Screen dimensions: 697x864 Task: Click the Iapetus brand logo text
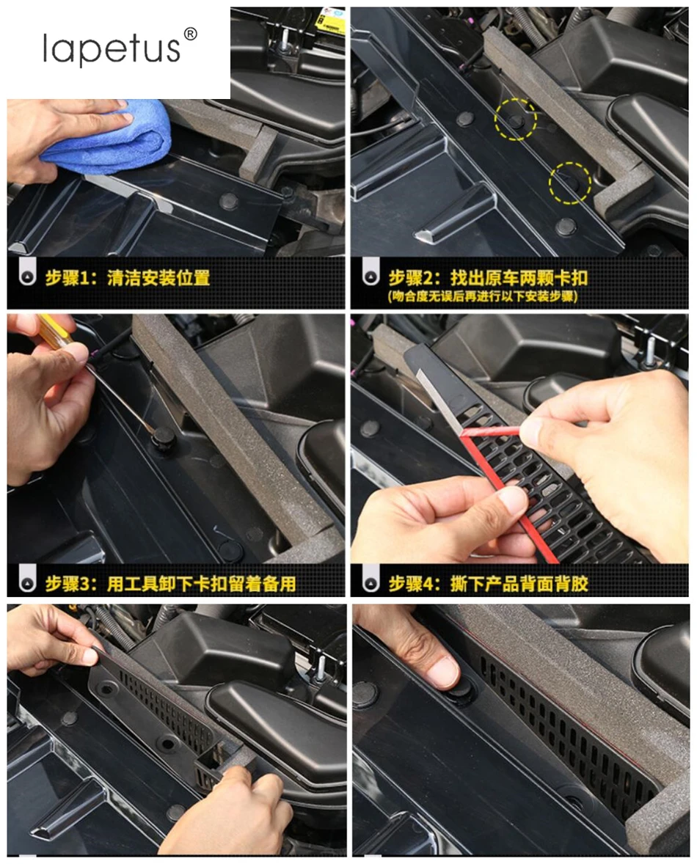point(112,49)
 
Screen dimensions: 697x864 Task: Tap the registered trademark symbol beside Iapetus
point(189,34)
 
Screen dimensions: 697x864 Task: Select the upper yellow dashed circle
point(516,119)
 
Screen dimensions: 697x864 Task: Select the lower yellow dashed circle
point(570,183)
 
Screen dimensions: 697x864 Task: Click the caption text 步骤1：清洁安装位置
point(128,277)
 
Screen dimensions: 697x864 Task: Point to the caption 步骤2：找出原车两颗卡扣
point(488,277)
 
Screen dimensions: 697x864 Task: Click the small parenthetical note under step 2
point(483,296)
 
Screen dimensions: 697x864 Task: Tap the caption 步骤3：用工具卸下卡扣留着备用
point(171,584)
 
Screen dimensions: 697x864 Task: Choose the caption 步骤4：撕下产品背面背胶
point(489,584)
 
